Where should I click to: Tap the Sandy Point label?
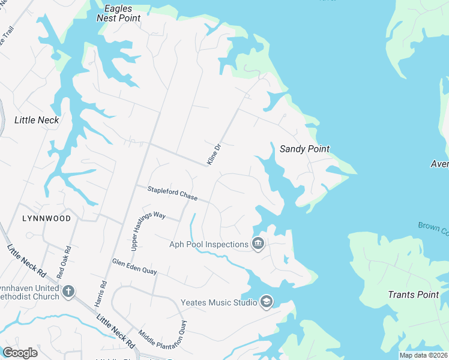304,149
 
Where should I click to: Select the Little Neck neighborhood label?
37,120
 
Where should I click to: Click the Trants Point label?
414,295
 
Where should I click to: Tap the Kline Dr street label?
214,155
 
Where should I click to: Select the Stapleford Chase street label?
172,193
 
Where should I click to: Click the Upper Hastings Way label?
140,230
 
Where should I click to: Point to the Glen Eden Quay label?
134,266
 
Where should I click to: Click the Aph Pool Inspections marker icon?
258,244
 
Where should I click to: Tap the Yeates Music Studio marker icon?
267,302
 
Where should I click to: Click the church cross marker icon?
68,292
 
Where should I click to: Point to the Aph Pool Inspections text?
209,244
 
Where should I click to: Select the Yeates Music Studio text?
219,302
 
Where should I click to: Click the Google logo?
20,353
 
